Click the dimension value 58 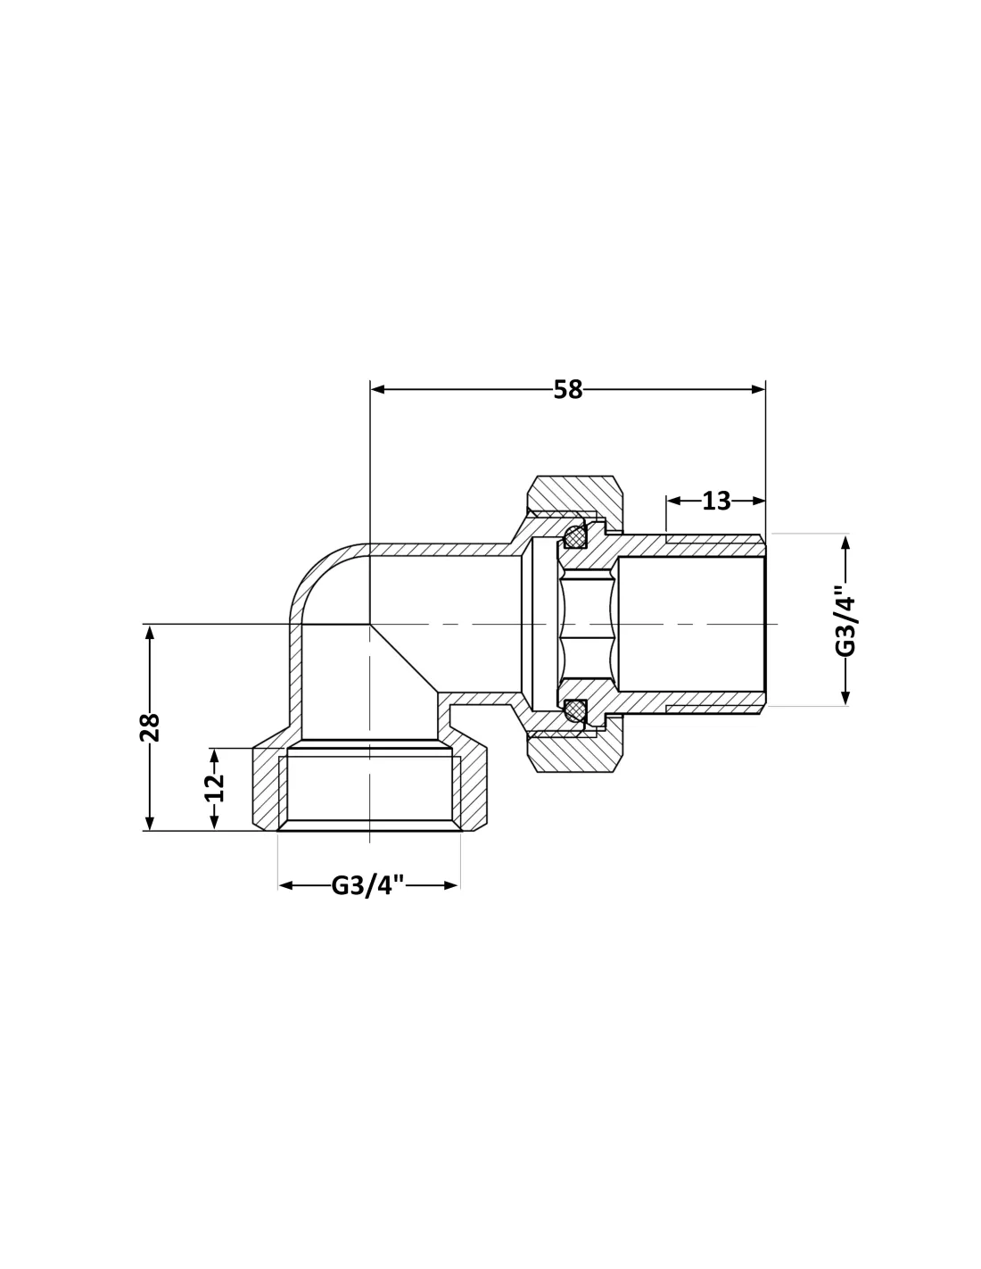pos(567,389)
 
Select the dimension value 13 pos(716,501)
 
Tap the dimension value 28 pos(150,727)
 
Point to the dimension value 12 pos(214,787)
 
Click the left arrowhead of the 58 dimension pos(377,389)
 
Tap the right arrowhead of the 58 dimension pos(758,389)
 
